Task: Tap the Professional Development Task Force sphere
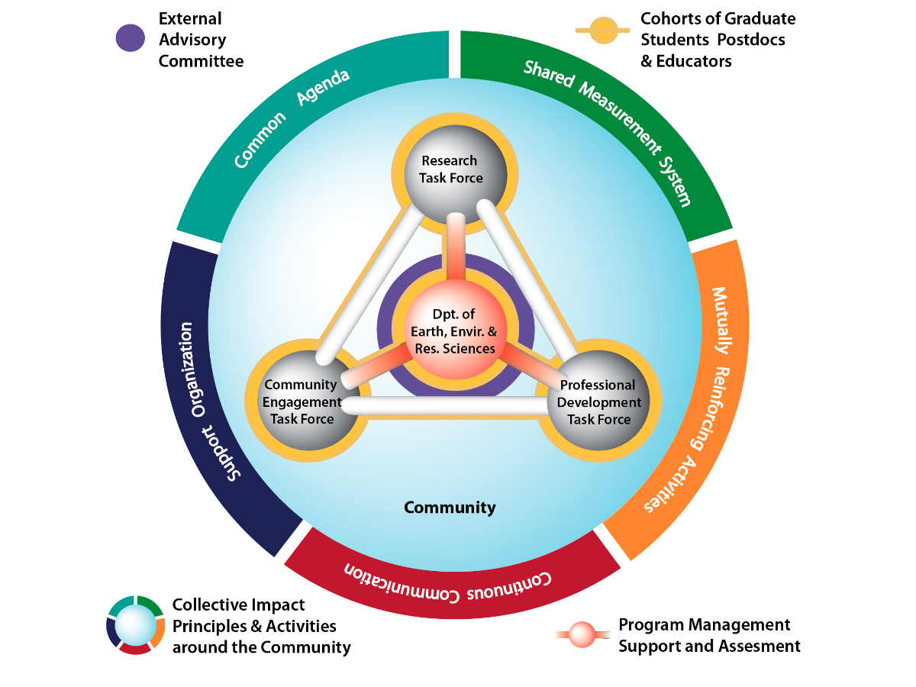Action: (598, 403)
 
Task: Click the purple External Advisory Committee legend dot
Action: (130, 39)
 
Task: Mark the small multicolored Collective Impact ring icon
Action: (136, 624)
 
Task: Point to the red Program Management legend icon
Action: (582, 634)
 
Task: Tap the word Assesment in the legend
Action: (757, 647)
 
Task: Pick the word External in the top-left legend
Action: (190, 18)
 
